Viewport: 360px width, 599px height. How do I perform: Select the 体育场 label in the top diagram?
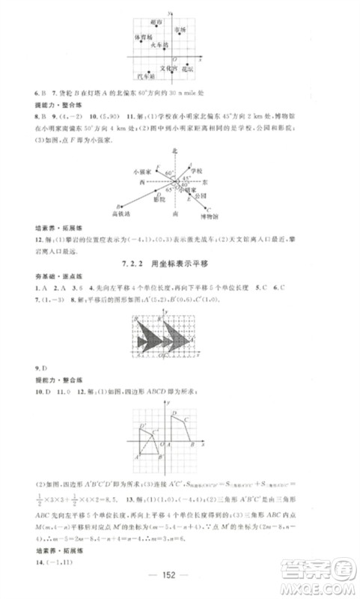[143, 36]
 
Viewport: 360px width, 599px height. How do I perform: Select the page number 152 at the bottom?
[179, 583]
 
